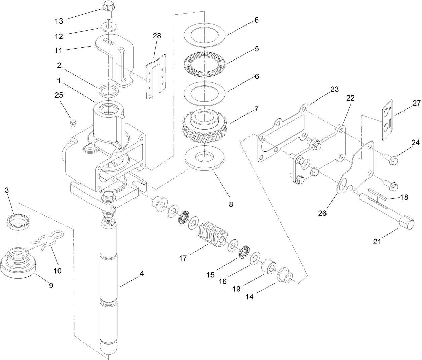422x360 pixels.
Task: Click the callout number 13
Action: [x=59, y=21]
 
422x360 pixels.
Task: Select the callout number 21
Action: [x=377, y=241]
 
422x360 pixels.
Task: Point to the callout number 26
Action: [x=322, y=213]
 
